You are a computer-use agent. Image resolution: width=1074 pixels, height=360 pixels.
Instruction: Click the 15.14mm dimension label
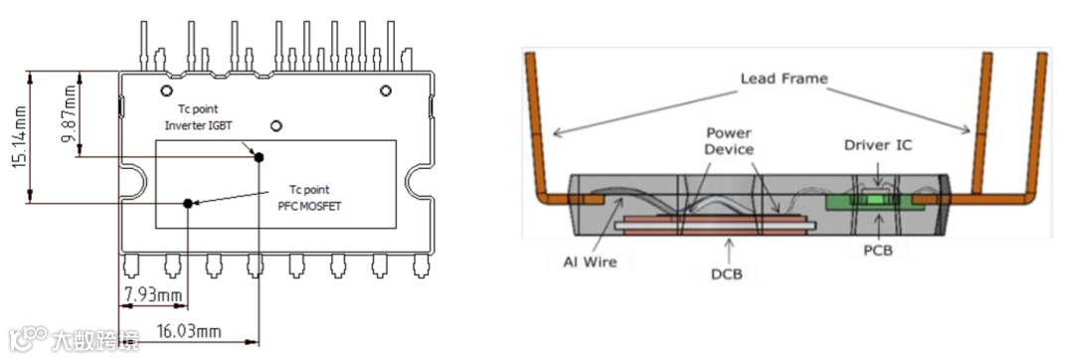click(x=21, y=137)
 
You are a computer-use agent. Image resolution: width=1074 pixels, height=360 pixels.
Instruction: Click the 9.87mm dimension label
click(x=71, y=113)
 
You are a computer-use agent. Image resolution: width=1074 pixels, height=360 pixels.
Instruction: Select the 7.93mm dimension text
click(x=152, y=295)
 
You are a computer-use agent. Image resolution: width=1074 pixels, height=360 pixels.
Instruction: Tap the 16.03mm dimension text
click(x=189, y=332)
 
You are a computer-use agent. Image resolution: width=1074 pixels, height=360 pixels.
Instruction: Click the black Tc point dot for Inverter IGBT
click(x=259, y=157)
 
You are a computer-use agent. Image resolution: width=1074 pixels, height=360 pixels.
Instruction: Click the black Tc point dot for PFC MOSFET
click(x=187, y=203)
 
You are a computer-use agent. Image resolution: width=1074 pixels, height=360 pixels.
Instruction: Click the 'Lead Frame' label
click(x=784, y=79)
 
